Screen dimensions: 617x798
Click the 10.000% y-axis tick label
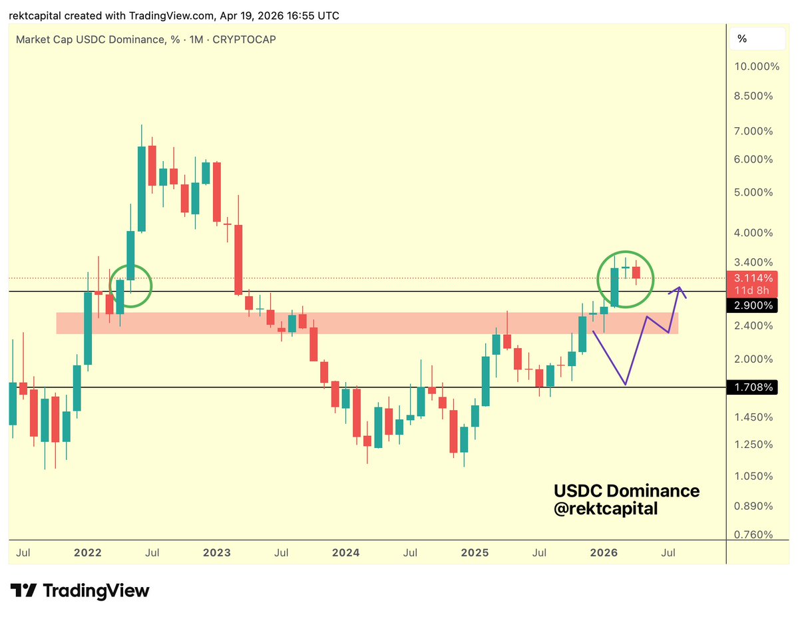coord(753,67)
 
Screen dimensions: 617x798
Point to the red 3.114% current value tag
coord(753,278)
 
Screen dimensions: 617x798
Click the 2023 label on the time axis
coord(217,552)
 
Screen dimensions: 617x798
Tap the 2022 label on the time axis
coord(87,552)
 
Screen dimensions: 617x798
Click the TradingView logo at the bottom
coord(80,590)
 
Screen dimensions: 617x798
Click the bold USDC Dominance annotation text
coord(626,491)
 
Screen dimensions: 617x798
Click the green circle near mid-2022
coord(131,286)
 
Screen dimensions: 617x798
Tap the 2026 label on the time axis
coord(606,552)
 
